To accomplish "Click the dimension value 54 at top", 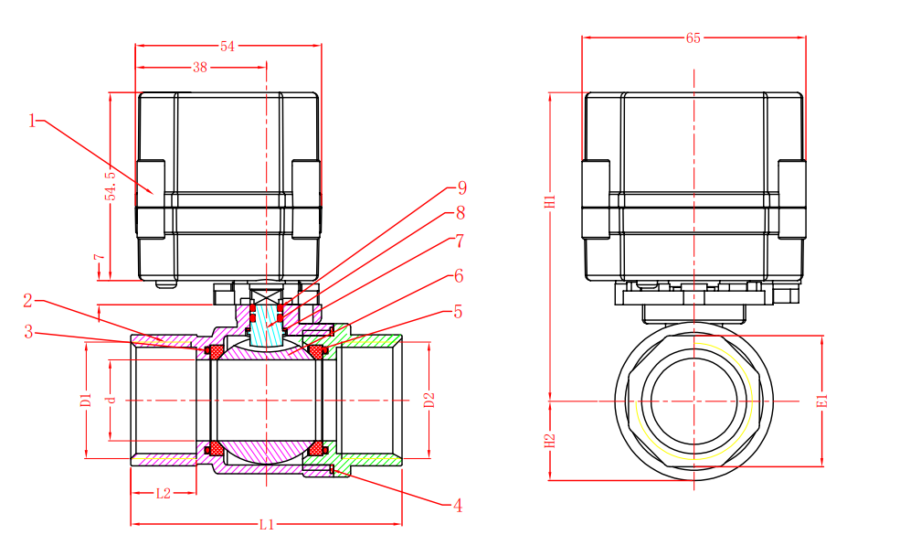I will click(228, 47).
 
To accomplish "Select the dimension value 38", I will click(200, 68).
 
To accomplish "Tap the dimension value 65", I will click(693, 38).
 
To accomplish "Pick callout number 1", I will click(33, 121).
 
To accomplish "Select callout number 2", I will click(28, 300).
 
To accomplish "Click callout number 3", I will click(28, 333).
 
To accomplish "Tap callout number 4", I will click(457, 505).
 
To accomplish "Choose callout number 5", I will click(458, 312).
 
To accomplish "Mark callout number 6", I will click(458, 276).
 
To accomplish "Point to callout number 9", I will click(461, 188).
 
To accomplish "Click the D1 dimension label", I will click(86, 401).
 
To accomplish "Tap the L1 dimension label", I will click(266, 525).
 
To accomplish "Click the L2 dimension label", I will click(163, 494).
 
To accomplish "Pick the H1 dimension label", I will click(550, 202).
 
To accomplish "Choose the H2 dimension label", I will click(550, 440).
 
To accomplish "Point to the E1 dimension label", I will click(822, 401).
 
